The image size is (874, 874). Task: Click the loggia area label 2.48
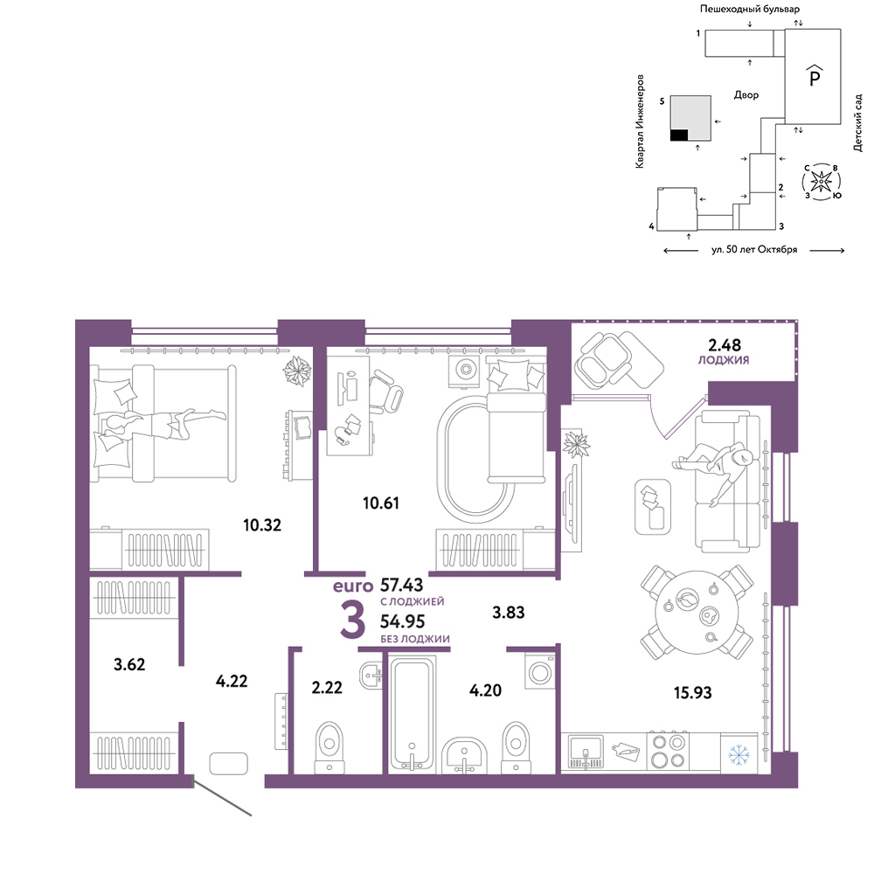point(724,344)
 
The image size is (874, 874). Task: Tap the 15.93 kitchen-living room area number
point(692,692)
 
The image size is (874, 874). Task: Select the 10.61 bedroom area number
point(381,503)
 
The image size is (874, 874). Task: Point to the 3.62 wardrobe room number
point(129,664)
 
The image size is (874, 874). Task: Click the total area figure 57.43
point(401,585)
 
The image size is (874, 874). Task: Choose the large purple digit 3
point(353,620)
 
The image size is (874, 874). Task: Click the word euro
point(353,586)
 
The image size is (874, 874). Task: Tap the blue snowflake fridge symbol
point(739,755)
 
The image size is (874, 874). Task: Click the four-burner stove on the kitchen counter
point(668,751)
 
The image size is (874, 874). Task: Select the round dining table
point(697,612)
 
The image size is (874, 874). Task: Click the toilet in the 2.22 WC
point(329,747)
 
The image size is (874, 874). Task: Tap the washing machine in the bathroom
point(539,671)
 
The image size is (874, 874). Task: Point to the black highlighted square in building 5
point(679,135)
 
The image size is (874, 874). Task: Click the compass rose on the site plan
point(821,181)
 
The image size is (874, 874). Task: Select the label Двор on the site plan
point(746,95)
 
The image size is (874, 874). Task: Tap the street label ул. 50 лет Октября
point(754,250)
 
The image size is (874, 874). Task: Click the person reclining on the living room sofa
point(718,462)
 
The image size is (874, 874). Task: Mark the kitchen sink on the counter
point(586,751)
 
